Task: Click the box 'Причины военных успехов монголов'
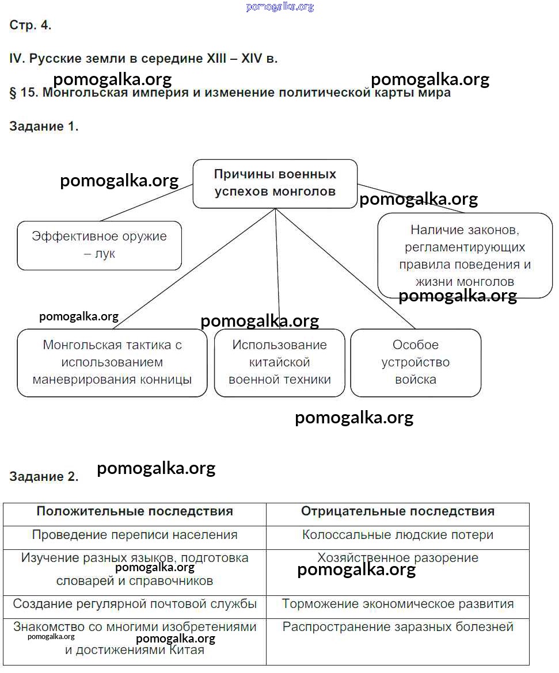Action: point(275,183)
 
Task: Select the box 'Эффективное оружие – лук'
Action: point(99,245)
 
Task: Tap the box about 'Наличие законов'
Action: point(465,255)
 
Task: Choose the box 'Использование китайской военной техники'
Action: point(279,362)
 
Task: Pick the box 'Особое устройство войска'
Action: point(415,362)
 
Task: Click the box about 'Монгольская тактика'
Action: point(112,362)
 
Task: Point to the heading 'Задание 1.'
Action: point(44,127)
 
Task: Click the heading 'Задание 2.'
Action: point(44,476)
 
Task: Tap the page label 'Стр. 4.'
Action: point(31,25)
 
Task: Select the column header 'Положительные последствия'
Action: point(135,511)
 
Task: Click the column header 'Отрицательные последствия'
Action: point(397,511)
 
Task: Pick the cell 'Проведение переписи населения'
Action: point(135,535)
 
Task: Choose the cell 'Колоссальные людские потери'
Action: point(397,535)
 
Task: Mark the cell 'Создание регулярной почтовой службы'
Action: point(135,604)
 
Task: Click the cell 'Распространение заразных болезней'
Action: point(397,627)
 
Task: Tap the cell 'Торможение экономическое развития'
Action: point(397,604)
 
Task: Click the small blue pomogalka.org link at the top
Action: point(280,7)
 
